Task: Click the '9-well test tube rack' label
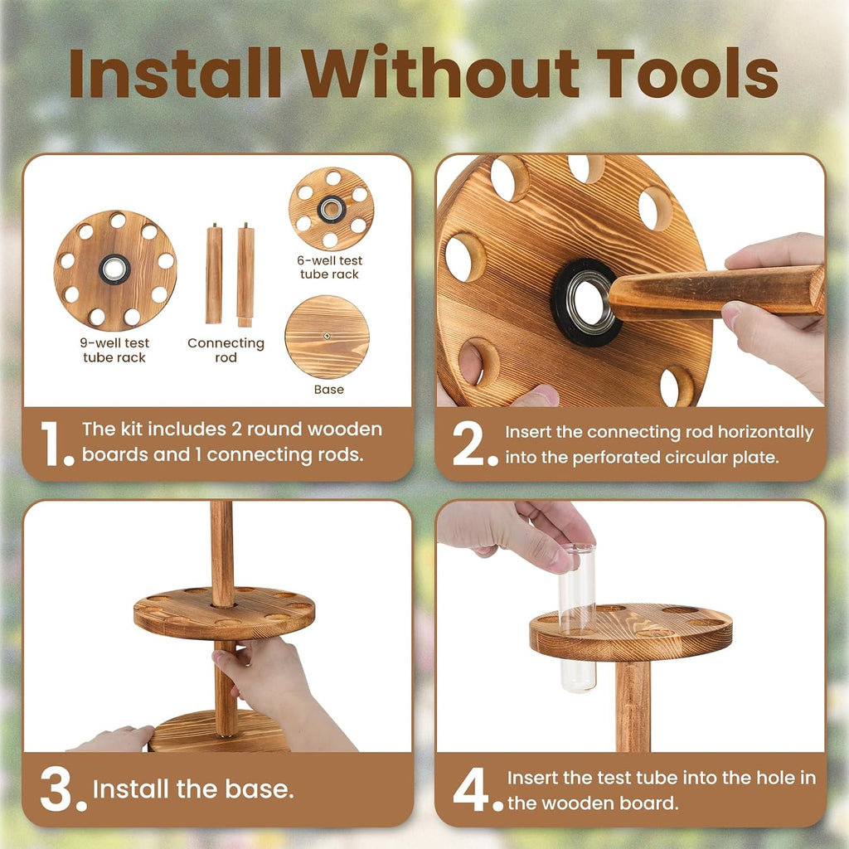coord(114,351)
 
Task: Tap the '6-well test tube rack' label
coord(329,268)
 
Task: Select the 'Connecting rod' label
coord(226,351)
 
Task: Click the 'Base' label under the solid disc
coord(328,390)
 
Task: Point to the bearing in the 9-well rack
coord(114,269)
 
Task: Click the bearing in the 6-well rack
coord(331,209)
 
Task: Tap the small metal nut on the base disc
coord(327,337)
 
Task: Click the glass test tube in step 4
coord(578,618)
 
